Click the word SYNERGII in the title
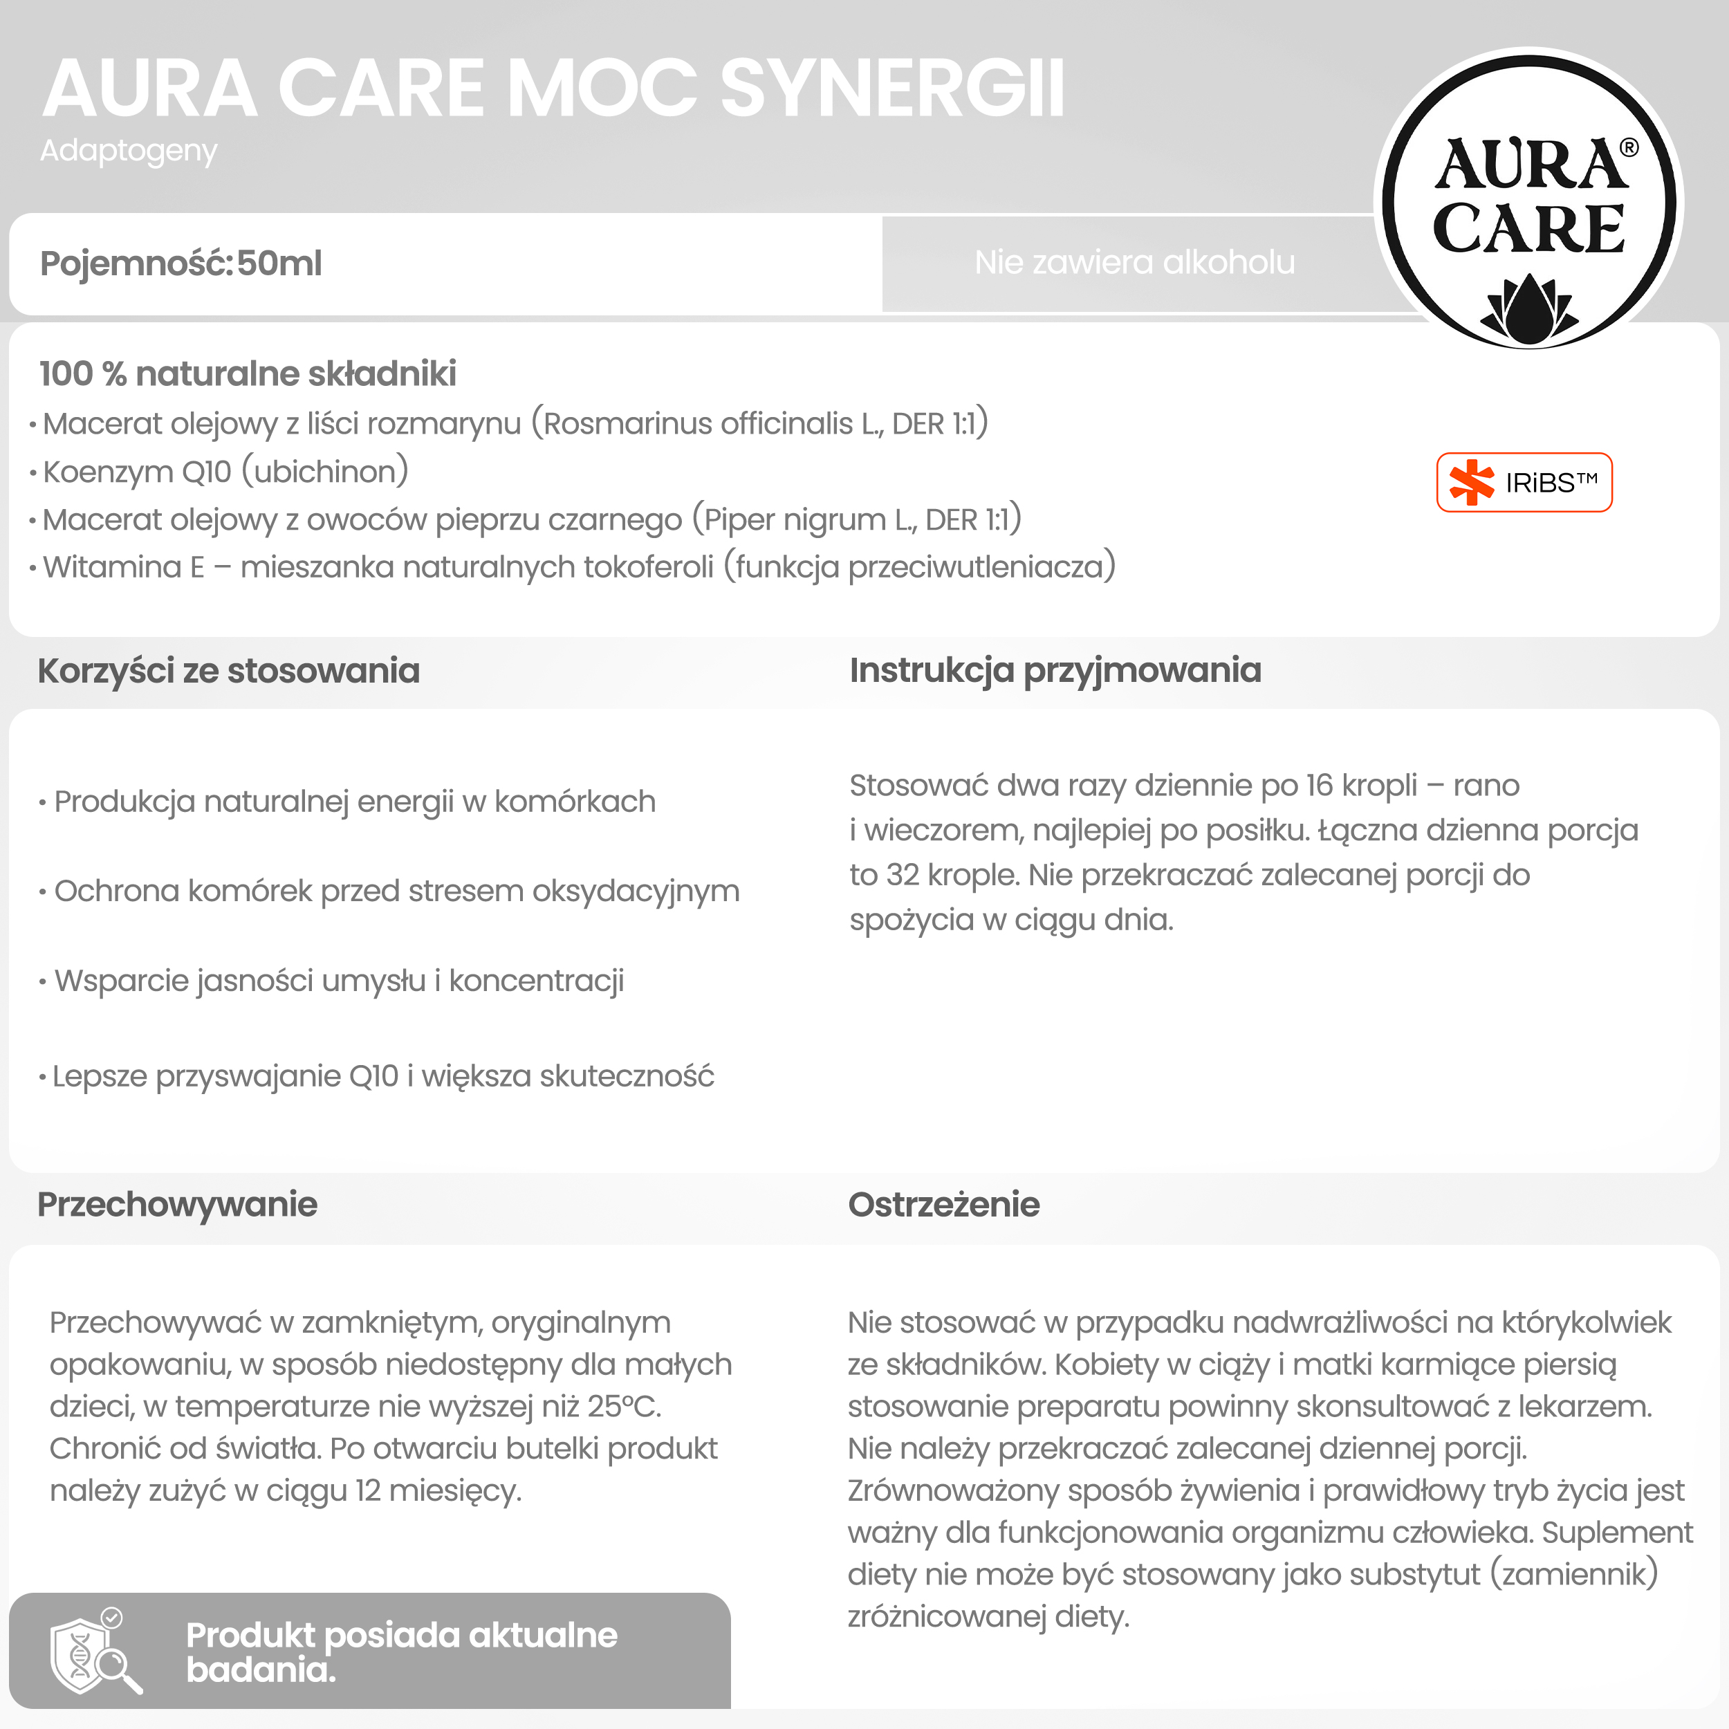coord(892,89)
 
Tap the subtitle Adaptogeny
coord(128,150)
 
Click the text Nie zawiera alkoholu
coord(1134,262)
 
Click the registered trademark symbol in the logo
coord(1629,148)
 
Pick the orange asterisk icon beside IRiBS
coord(1471,483)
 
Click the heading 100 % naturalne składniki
coord(248,374)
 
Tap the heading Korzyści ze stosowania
coord(228,671)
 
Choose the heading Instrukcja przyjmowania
coord(1055,670)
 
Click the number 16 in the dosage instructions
coord(1319,786)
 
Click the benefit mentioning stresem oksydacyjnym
coord(396,891)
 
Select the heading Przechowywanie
coord(177,1205)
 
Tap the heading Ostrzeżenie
coord(943,1205)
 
